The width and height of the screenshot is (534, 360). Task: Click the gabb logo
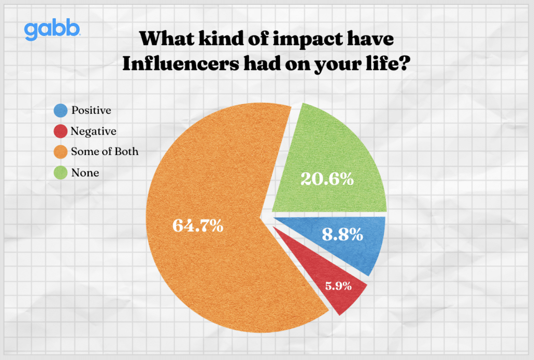[52, 31]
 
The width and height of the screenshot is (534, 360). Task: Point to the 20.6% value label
[327, 179]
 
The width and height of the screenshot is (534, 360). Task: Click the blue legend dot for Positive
[60, 110]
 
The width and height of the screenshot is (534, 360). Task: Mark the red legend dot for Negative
[60, 131]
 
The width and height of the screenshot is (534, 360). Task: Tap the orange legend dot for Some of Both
[60, 152]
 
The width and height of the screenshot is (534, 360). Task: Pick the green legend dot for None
[60, 173]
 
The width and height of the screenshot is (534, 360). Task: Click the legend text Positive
[91, 110]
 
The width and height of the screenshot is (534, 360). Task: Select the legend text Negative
[94, 131]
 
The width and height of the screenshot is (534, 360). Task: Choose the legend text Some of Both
[105, 152]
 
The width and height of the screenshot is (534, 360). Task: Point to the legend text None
[85, 173]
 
